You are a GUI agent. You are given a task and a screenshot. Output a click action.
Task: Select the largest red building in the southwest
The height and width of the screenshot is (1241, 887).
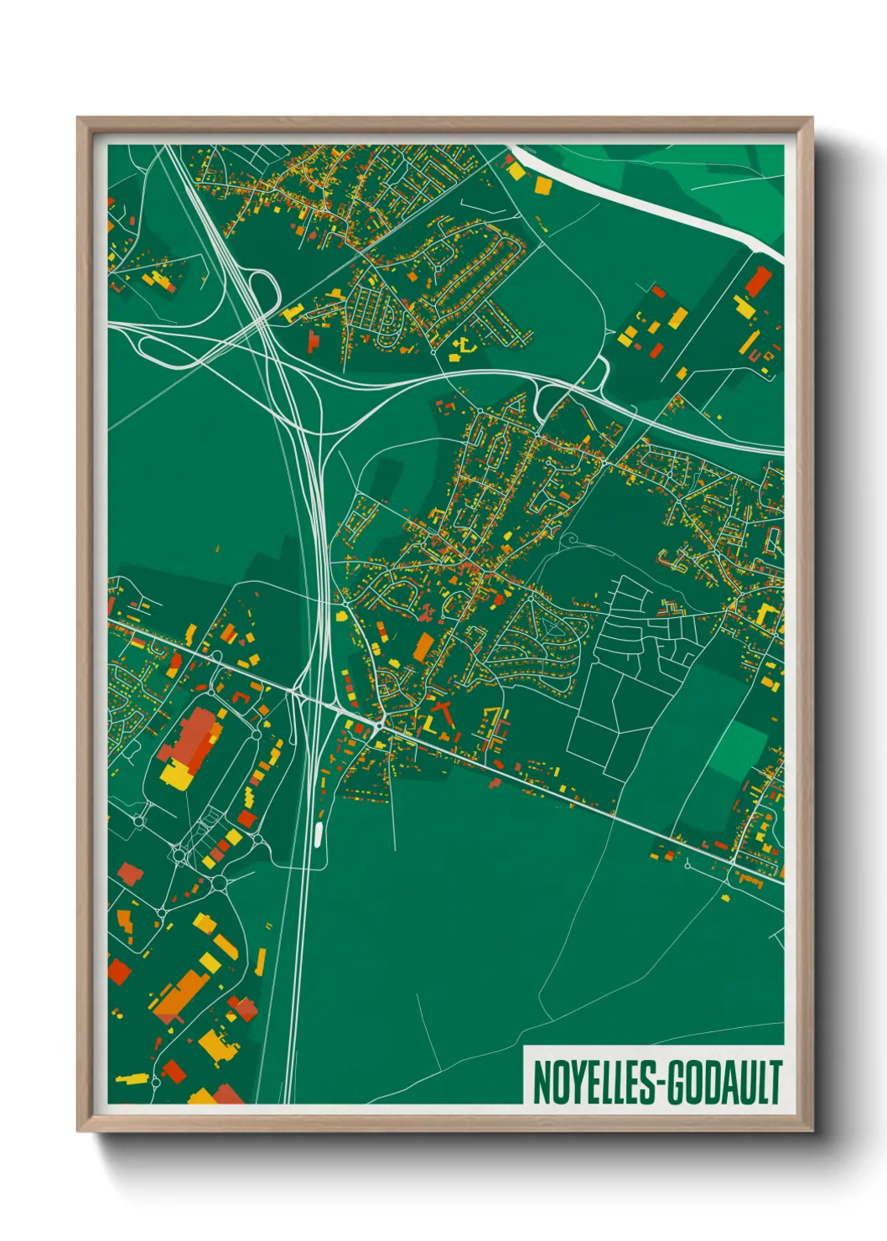coord(194,735)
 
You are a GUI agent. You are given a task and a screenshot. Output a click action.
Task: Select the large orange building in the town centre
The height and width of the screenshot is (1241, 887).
coord(423,646)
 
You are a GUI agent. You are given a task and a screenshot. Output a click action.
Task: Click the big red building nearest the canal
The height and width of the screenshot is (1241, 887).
coord(757,281)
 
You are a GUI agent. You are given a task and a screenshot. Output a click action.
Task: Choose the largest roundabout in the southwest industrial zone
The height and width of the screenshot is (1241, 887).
coord(220,882)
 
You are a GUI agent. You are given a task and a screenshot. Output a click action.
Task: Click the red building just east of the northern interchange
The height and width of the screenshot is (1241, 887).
coord(314,341)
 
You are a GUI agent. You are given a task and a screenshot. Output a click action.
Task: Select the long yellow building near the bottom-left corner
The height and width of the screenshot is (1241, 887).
coord(131,1077)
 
